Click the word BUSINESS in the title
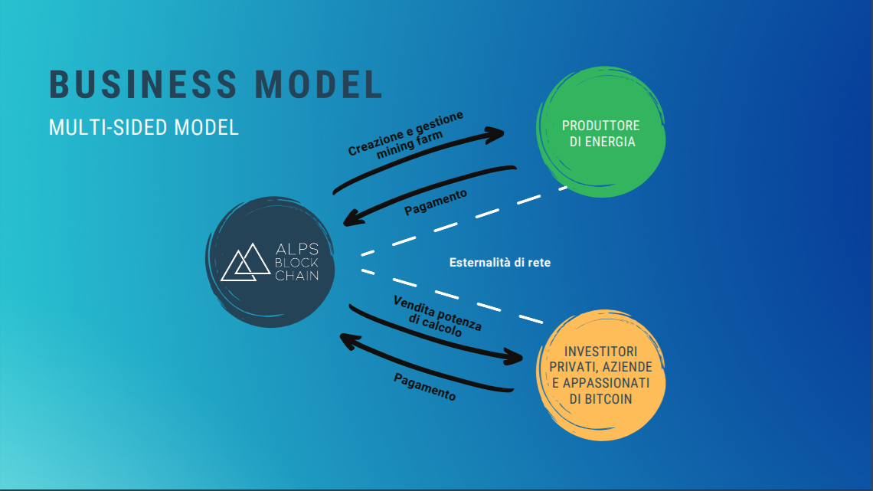pyautogui.click(x=143, y=84)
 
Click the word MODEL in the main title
pyautogui.click(x=319, y=84)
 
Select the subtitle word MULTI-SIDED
pyautogui.click(x=109, y=127)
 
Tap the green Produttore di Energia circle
pyautogui.click(x=600, y=132)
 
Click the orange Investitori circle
pyautogui.click(x=600, y=375)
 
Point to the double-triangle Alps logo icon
pyautogui.click(x=246, y=262)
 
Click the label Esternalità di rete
pyautogui.click(x=500, y=263)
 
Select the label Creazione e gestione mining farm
pyautogui.click(x=407, y=136)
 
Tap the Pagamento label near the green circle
pyautogui.click(x=436, y=202)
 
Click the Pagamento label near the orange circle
pyautogui.click(x=425, y=387)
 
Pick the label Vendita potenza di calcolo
pyautogui.click(x=437, y=316)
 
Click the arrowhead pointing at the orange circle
pyautogui.click(x=512, y=356)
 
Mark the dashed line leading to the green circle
pyautogui.click(x=464, y=221)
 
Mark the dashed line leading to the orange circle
pyautogui.click(x=452, y=296)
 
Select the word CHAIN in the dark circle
pyautogui.click(x=297, y=276)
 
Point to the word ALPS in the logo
pyautogui.click(x=297, y=249)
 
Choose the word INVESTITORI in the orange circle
pyautogui.click(x=600, y=352)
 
